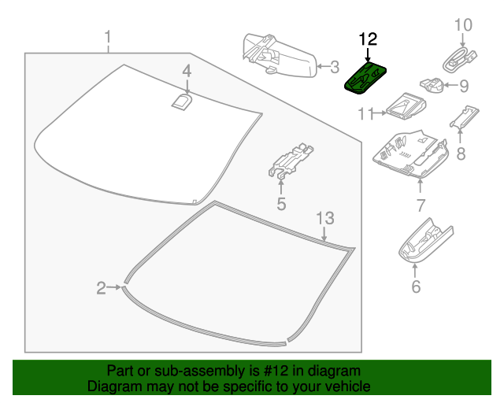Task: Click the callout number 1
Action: click(x=108, y=36)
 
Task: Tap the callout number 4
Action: click(x=187, y=72)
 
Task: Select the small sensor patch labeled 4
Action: click(x=182, y=100)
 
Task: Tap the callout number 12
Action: click(x=368, y=38)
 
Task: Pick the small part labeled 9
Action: click(x=430, y=83)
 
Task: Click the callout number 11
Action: click(x=364, y=114)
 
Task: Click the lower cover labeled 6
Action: click(x=424, y=242)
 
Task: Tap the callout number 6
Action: click(x=416, y=287)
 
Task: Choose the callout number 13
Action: click(x=325, y=217)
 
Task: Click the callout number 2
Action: click(x=101, y=289)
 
